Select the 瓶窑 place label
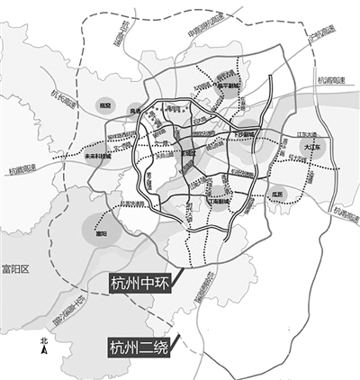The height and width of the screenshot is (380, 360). pyautogui.click(x=106, y=105)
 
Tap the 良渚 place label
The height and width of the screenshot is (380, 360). pyautogui.click(x=137, y=111)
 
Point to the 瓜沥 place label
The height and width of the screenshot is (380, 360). pyautogui.click(x=276, y=193)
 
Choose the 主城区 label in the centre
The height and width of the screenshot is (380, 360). pyautogui.click(x=187, y=153)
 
